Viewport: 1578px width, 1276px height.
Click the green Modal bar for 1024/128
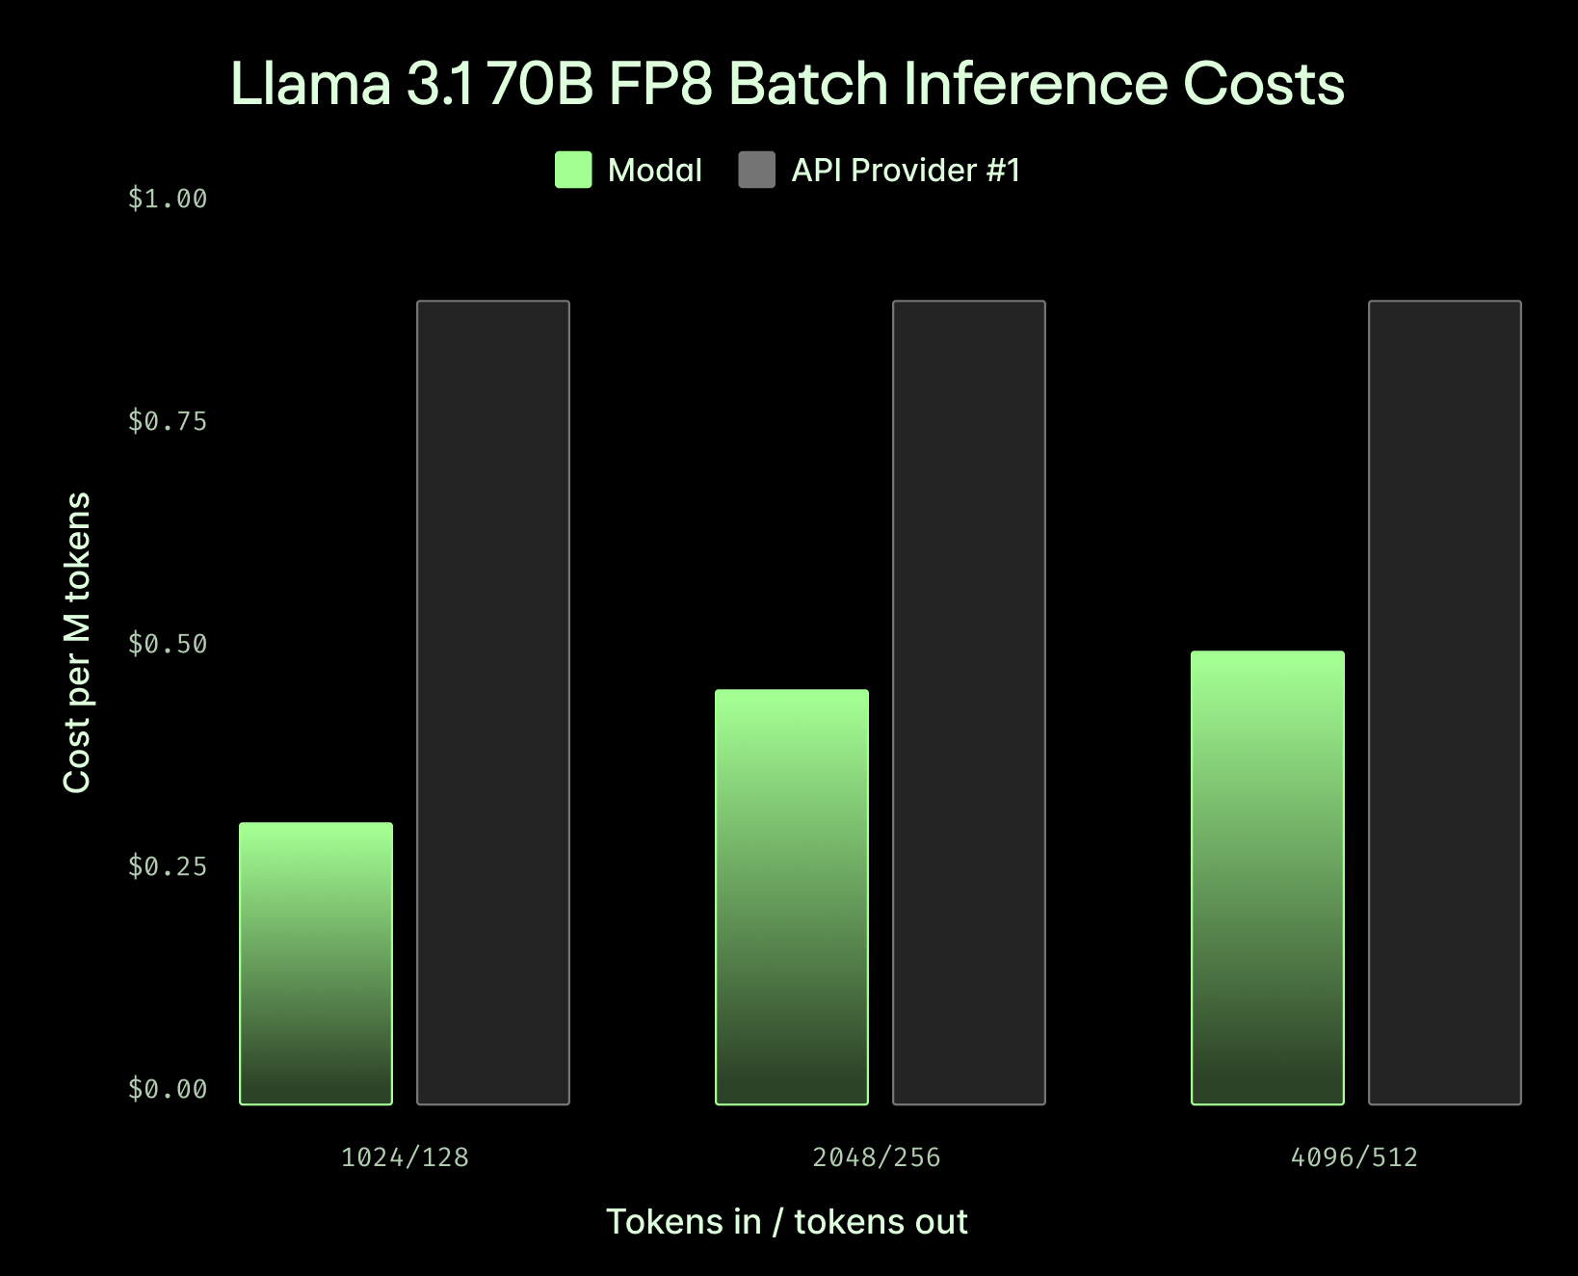point(316,963)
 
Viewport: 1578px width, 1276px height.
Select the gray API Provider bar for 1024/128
point(493,703)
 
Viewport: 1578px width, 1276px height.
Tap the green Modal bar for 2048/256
point(792,896)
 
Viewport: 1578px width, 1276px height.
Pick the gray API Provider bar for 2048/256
point(969,703)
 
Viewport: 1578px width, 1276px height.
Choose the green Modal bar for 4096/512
point(1268,877)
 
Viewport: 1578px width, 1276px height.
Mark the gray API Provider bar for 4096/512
point(1445,703)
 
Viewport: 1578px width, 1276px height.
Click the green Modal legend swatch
point(573,170)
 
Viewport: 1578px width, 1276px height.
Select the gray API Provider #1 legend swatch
point(756,170)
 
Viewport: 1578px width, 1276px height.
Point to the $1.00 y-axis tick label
point(168,199)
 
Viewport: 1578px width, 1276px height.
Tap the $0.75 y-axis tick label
point(168,421)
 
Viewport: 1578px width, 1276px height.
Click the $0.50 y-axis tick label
point(168,644)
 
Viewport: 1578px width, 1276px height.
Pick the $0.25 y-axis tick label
point(168,866)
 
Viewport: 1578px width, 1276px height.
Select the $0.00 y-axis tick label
point(168,1089)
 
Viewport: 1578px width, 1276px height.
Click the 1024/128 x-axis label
point(405,1157)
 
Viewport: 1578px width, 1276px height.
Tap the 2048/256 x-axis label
point(877,1157)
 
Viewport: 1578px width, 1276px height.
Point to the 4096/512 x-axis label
point(1354,1157)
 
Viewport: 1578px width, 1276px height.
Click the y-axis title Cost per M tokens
point(76,643)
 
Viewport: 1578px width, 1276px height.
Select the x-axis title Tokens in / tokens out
point(786,1221)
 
